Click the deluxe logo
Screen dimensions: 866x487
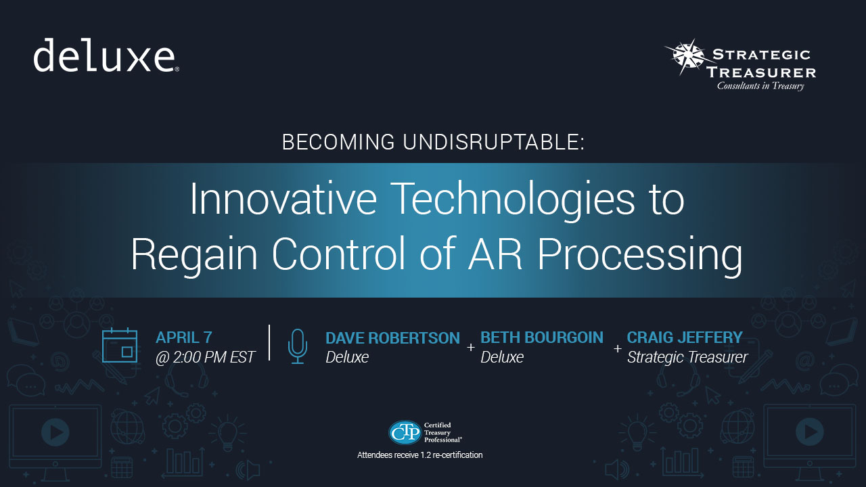106,55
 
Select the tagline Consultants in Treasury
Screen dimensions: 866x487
760,86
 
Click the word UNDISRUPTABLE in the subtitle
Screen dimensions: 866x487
493,142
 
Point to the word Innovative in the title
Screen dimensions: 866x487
283,199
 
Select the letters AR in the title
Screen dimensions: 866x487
495,254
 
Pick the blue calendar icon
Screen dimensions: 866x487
120,345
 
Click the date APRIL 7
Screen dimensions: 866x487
183,338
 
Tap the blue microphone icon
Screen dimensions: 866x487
298,346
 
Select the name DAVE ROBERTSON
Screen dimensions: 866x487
393,338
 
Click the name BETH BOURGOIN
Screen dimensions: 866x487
542,338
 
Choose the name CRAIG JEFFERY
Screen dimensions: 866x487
685,337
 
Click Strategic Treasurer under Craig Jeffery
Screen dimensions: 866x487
687,357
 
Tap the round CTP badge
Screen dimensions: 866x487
405,432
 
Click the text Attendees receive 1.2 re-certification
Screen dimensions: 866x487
420,455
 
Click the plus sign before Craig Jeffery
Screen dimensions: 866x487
618,348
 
